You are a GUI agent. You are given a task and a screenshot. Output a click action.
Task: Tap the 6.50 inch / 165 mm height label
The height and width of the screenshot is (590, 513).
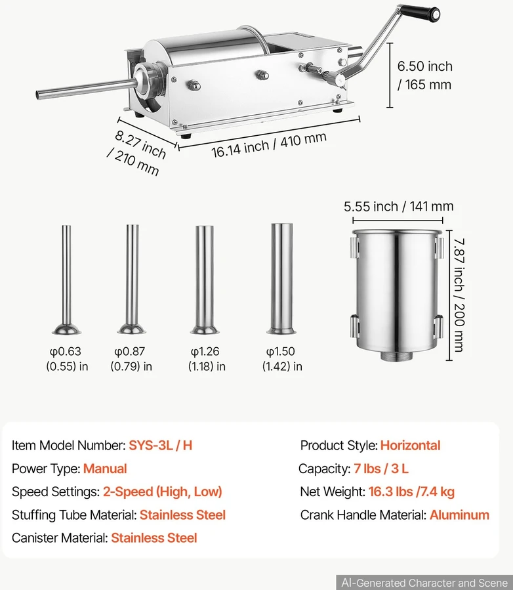[x=425, y=75]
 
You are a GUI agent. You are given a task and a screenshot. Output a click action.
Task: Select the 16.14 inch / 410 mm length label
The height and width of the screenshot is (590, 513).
[x=268, y=145]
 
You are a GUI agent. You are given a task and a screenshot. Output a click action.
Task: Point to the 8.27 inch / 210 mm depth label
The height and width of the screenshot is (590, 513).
[x=137, y=153]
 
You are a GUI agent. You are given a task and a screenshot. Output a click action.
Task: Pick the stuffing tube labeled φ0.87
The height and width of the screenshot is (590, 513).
[x=132, y=279]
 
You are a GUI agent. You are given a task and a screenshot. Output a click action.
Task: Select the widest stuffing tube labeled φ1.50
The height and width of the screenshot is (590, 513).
[x=281, y=278]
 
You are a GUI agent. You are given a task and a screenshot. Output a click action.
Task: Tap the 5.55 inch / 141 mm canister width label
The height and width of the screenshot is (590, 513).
[x=398, y=206]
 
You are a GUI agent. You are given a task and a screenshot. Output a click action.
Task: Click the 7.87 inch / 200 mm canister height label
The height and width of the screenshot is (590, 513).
[x=459, y=295]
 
